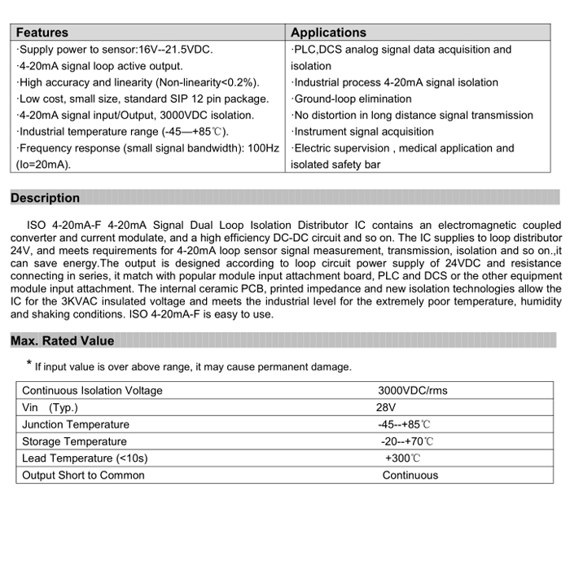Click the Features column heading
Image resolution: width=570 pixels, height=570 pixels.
42,33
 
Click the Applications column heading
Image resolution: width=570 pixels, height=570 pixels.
328,33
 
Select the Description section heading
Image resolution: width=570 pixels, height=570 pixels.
46,198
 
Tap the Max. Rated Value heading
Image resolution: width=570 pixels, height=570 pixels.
63,340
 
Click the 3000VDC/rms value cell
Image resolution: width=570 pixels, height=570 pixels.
413,390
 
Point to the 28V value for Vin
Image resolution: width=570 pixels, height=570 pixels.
386,407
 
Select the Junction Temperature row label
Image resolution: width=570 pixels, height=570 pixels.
76,424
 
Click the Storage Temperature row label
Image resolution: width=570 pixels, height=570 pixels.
74,441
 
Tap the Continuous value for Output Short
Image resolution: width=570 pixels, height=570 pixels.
410,476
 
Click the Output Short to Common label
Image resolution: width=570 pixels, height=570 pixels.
83,476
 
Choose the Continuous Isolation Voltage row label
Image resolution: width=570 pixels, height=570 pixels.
92,390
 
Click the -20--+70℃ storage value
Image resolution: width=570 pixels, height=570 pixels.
407,441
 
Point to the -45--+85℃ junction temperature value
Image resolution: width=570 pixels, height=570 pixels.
404,424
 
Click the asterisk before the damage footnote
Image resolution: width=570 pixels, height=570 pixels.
28,364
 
